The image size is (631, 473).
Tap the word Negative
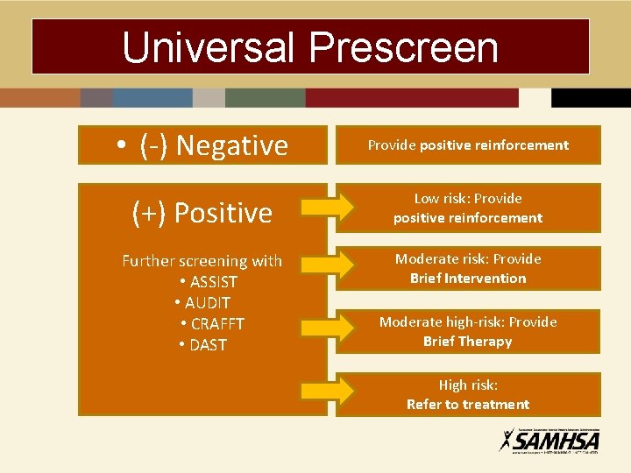231,145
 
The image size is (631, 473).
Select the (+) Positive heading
202,213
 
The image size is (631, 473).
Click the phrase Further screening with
202,261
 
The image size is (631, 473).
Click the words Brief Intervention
468,279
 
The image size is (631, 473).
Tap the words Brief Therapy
467,342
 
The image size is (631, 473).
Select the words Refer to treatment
468,405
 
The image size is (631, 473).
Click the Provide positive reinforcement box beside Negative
468,145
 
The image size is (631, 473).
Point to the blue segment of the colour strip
152,97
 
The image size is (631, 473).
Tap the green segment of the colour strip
265,97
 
